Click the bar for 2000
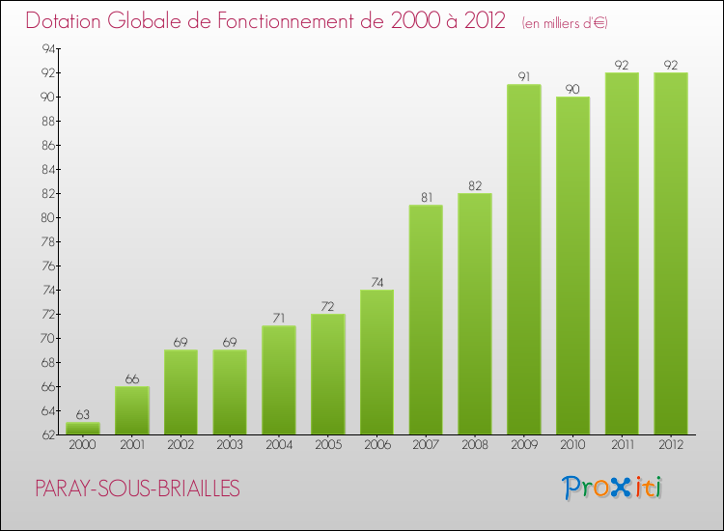click(x=82, y=429)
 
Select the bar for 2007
click(x=426, y=320)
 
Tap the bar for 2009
click(x=523, y=260)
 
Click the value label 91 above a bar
click(x=523, y=77)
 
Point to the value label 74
click(x=376, y=282)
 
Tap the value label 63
click(x=82, y=415)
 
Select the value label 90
click(x=572, y=89)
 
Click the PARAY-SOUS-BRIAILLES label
click(x=136, y=489)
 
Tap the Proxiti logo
click(x=611, y=488)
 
